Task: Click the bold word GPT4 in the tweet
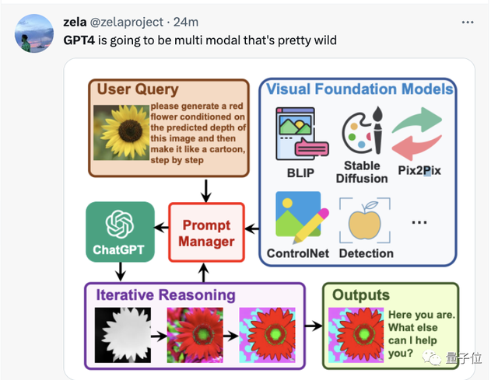point(80,39)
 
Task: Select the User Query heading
point(137,90)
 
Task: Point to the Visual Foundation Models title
point(359,89)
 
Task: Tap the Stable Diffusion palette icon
point(361,131)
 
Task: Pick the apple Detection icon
point(364,218)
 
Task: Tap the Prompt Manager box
point(206,232)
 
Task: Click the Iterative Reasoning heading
point(165,295)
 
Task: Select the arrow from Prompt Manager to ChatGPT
point(161,228)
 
